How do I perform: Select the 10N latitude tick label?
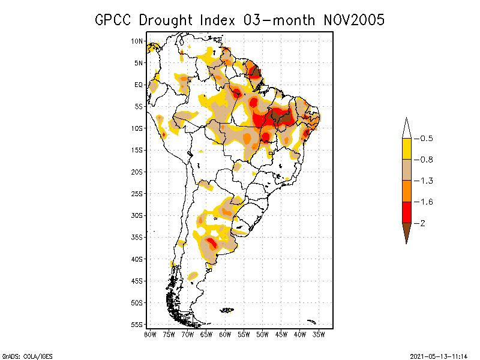(x=137, y=41)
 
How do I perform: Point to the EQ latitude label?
(x=138, y=85)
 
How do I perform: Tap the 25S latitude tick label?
(x=137, y=194)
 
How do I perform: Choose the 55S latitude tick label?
(x=137, y=325)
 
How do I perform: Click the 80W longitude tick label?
(x=150, y=334)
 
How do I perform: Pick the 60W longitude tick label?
(x=226, y=334)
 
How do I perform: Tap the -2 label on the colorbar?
(x=422, y=223)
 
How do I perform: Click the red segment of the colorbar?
(x=406, y=212)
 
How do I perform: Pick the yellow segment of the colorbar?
(x=406, y=149)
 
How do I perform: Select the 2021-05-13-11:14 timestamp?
(x=439, y=355)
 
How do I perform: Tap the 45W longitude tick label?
(x=282, y=334)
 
